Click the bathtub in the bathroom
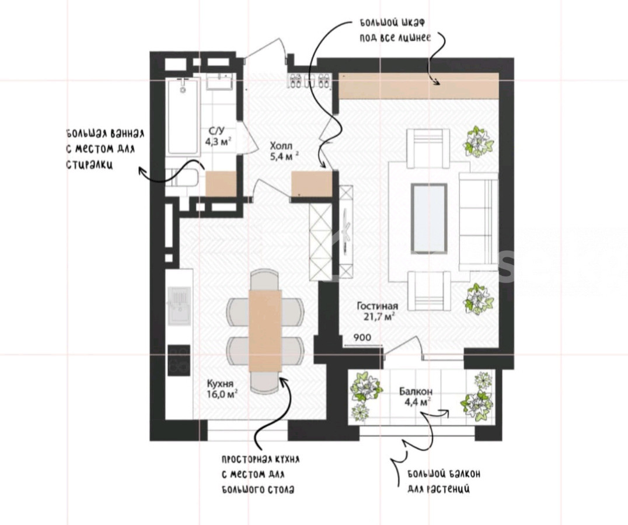pos(183,116)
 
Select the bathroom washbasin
pos(219,82)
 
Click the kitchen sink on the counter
pos(179,306)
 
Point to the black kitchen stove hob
pos(179,360)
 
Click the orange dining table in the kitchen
pos(265,331)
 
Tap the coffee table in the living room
pos(429,218)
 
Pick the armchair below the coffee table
pos(428,290)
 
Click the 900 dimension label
pos(362,338)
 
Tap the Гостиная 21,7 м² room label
pos(377,311)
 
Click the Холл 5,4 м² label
pos(284,150)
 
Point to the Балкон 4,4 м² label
pos(416,397)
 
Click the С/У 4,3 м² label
pos(218,136)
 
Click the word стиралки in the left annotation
pos(89,164)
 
